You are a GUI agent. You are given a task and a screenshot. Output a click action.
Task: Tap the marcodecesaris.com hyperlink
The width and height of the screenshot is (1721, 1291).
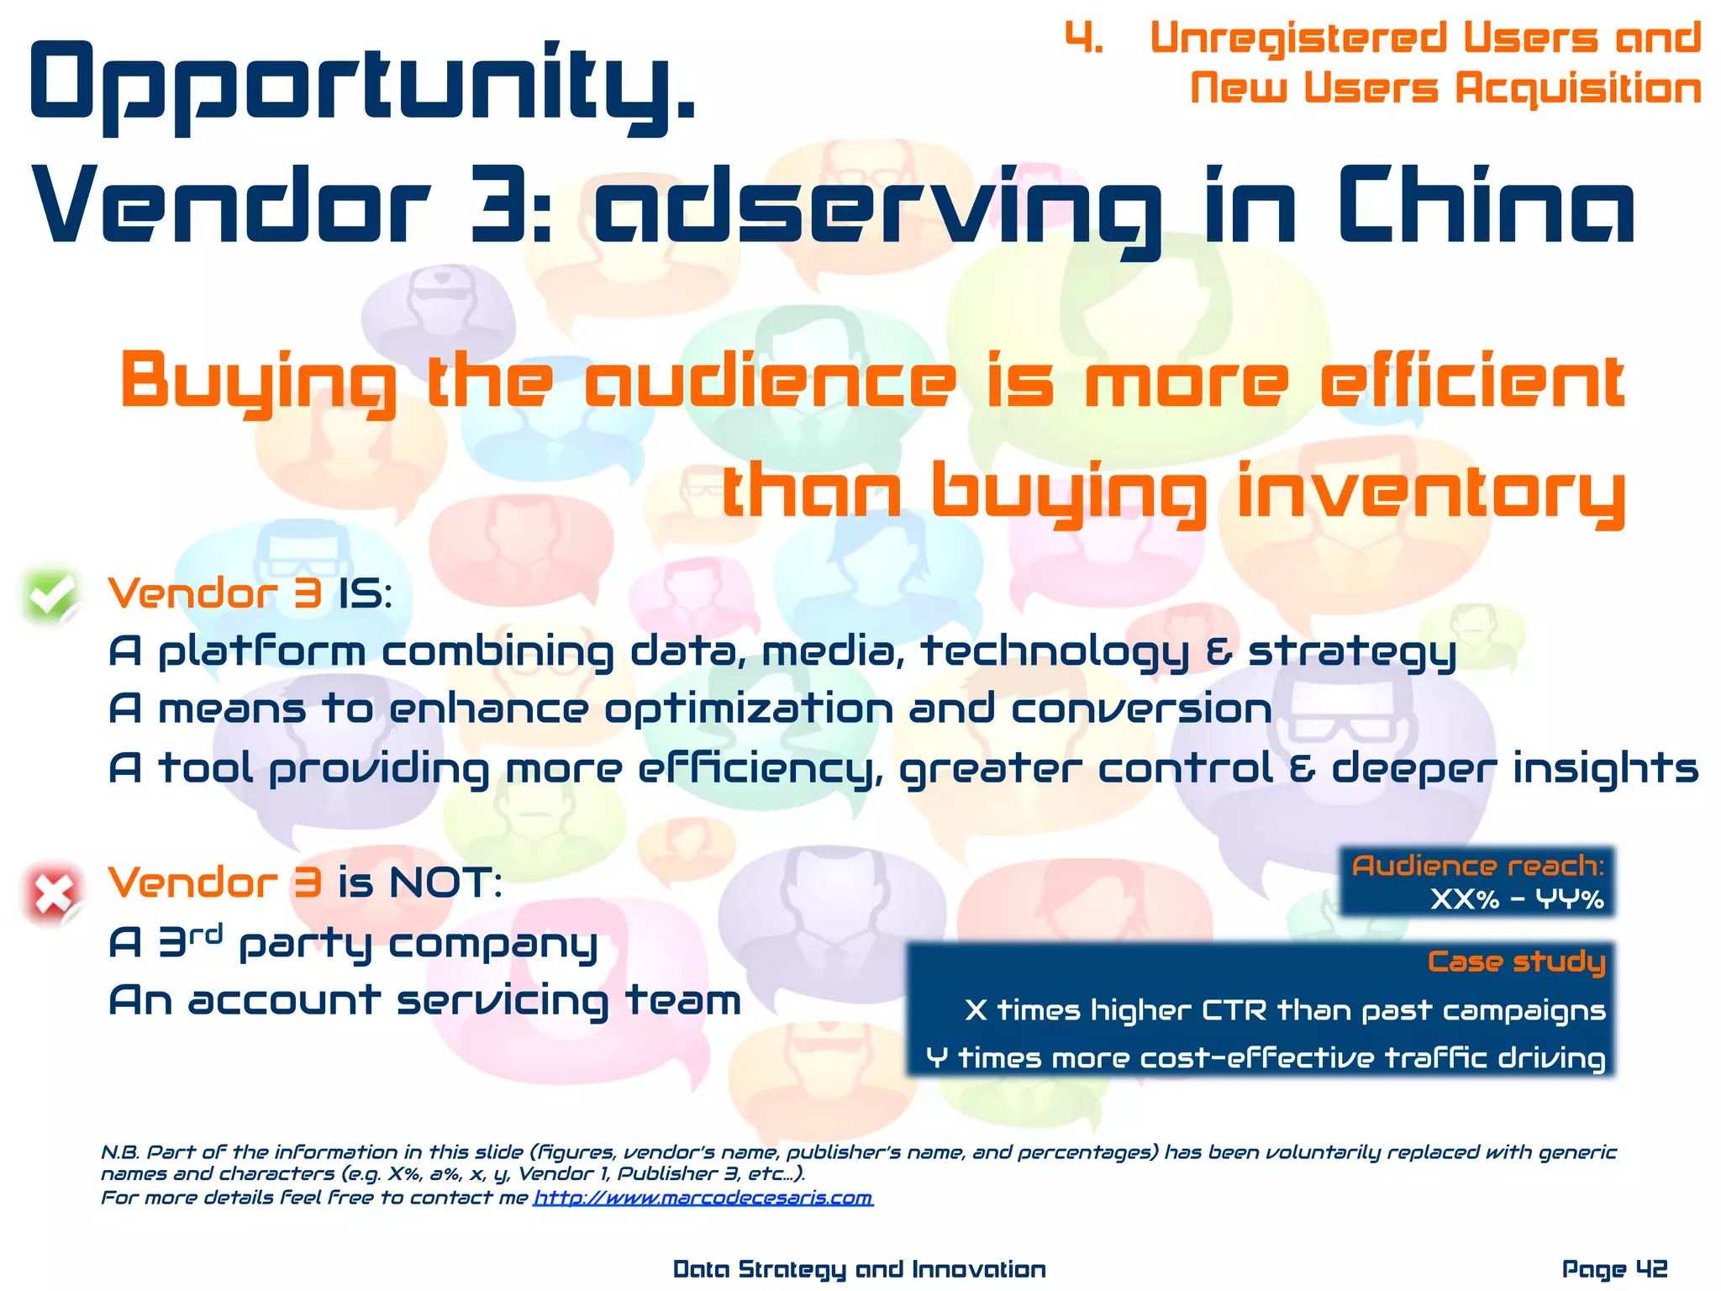[703, 1197]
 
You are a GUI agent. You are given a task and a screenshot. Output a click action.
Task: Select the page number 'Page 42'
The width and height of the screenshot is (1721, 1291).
[1614, 1268]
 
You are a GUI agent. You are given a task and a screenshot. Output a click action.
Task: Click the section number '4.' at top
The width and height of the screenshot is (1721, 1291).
[1084, 39]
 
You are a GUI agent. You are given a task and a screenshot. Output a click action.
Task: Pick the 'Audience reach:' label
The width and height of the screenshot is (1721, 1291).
[1477, 866]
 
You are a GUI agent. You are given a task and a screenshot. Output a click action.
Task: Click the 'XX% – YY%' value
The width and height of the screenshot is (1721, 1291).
[1517, 900]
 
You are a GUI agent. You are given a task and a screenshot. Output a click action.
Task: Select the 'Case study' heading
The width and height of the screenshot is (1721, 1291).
[1516, 962]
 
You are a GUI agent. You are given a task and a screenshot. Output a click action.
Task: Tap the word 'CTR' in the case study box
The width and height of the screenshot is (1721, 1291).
[1234, 1009]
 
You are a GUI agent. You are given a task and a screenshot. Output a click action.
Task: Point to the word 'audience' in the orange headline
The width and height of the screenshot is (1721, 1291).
[770, 382]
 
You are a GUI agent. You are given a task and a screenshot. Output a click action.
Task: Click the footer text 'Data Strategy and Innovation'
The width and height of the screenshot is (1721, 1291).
[859, 1268]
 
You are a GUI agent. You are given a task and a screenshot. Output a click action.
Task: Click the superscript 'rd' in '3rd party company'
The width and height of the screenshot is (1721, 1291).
[206, 933]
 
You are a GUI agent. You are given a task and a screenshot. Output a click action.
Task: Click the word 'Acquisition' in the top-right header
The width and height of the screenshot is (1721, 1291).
[1578, 88]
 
